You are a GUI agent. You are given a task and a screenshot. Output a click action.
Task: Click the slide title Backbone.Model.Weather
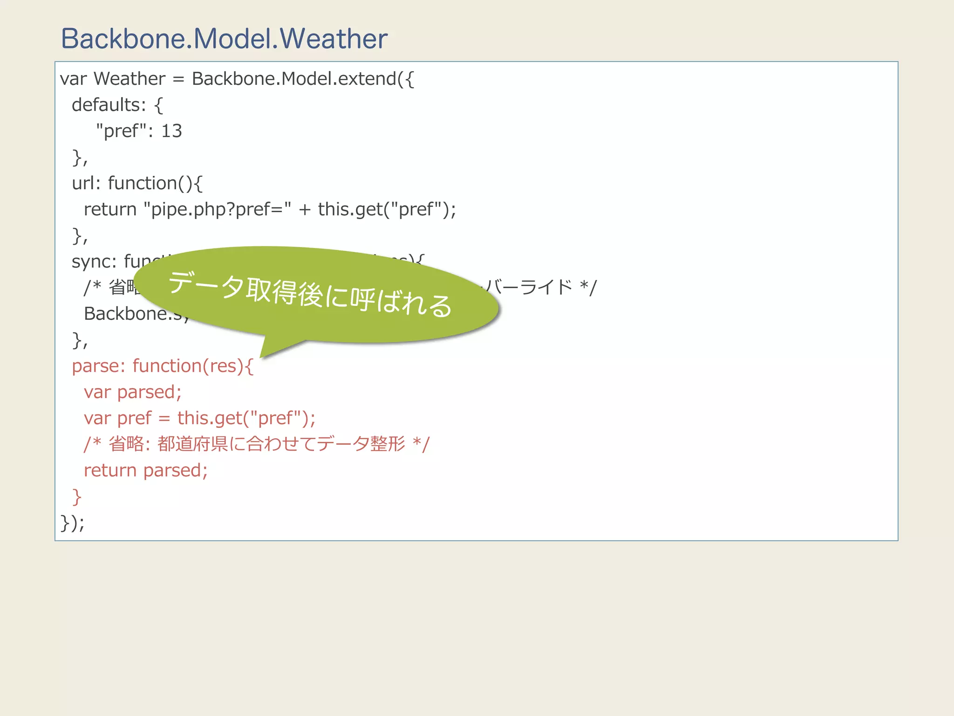point(224,39)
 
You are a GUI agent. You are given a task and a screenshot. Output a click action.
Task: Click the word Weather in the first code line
point(129,79)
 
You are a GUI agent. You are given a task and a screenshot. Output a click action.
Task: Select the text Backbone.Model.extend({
point(303,79)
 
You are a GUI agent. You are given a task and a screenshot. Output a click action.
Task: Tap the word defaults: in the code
point(109,105)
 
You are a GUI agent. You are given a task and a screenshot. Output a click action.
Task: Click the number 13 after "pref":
point(171,131)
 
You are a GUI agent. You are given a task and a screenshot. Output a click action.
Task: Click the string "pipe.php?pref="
point(218,209)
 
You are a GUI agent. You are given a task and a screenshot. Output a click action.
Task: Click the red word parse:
point(98,366)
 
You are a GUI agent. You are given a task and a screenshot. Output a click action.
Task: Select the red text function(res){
point(193,366)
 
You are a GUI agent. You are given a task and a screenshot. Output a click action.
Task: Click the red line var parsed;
point(133,392)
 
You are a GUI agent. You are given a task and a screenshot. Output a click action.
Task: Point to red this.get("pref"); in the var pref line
point(246,418)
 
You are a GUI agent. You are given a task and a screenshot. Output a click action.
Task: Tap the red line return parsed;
point(146,470)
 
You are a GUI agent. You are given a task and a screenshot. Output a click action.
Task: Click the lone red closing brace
point(77,497)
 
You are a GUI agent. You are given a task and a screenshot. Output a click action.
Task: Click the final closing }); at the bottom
point(73,523)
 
